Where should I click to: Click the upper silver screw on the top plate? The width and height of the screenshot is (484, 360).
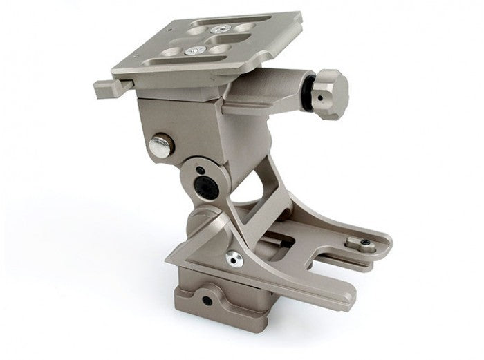click(220, 29)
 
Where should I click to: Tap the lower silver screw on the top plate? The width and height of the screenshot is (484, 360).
click(196, 50)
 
